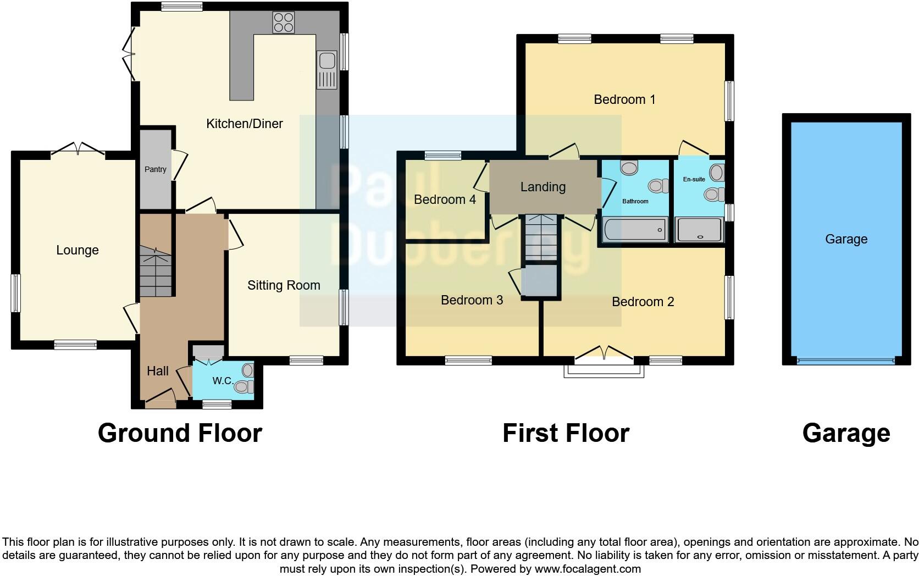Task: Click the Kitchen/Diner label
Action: click(x=244, y=124)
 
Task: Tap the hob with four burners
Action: click(x=284, y=23)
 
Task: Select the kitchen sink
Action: click(x=326, y=70)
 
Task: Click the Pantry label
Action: click(x=155, y=169)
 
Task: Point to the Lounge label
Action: click(x=77, y=250)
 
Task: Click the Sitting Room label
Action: click(x=284, y=285)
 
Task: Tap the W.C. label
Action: click(x=223, y=380)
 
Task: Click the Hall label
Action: click(x=158, y=371)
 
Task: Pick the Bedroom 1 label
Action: click(x=624, y=99)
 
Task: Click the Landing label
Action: click(x=543, y=187)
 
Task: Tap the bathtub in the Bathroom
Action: click(x=635, y=230)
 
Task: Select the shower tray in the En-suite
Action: click(x=699, y=230)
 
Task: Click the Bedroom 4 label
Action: click(x=445, y=200)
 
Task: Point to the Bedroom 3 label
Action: click(x=472, y=300)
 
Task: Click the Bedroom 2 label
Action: click(x=643, y=302)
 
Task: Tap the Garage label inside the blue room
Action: click(x=846, y=239)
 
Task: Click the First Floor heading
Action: click(x=566, y=433)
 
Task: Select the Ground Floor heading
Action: click(x=180, y=433)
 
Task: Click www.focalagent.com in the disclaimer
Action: click(x=588, y=569)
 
